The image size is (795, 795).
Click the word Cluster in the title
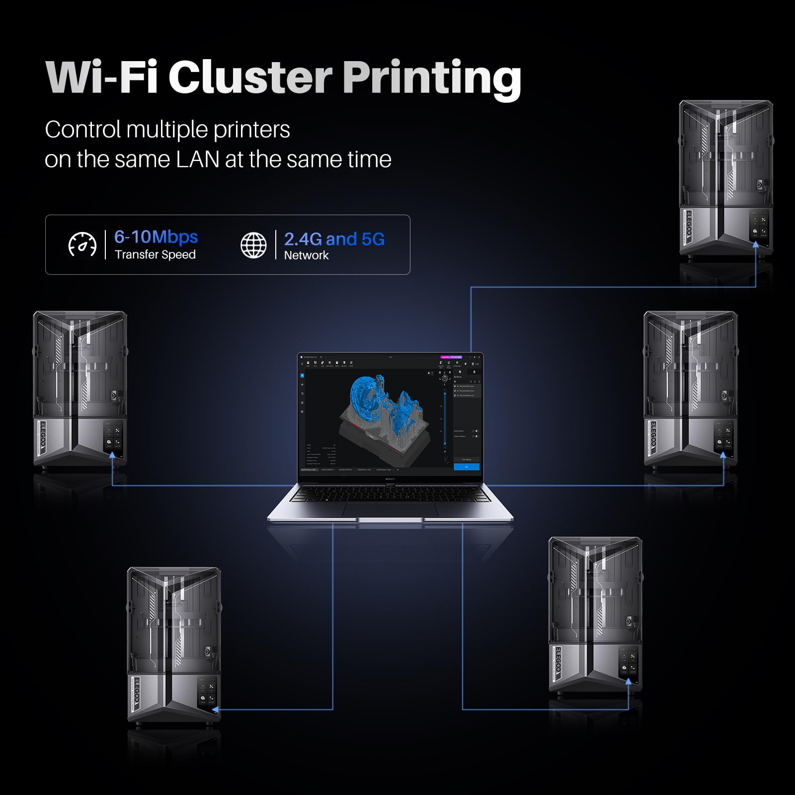click(250, 77)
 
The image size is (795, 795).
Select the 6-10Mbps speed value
click(156, 237)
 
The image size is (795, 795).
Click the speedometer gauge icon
click(82, 244)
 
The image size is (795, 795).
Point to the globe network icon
click(253, 245)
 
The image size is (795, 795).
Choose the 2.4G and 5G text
click(334, 239)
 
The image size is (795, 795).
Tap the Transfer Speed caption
click(155, 255)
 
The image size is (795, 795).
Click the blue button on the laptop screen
click(467, 467)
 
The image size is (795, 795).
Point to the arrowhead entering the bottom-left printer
click(217, 710)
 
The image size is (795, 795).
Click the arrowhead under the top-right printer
click(756, 244)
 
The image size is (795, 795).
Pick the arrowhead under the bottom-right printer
click(629, 682)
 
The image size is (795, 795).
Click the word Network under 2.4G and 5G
click(306, 255)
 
